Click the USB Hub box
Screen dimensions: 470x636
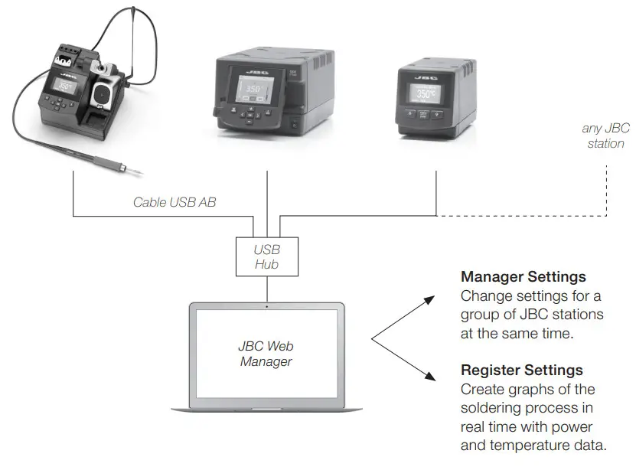[x=266, y=256]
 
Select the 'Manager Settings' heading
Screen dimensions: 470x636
[x=523, y=276]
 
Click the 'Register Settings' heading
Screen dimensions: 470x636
[x=521, y=370]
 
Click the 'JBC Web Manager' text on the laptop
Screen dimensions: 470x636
[x=266, y=353]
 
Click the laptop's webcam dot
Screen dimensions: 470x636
[x=266, y=306]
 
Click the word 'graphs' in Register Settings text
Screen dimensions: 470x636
[x=520, y=389]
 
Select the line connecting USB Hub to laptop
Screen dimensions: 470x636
[x=266, y=289]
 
